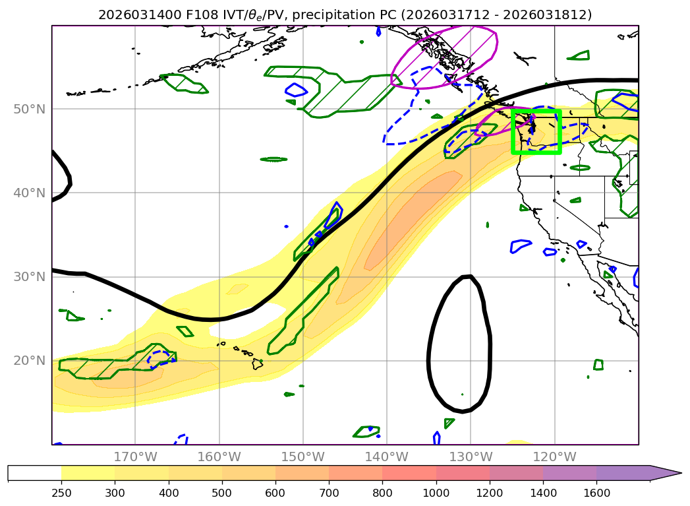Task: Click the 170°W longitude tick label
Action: pos(136,457)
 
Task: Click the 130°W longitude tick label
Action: pos(471,457)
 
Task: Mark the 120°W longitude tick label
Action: pos(554,457)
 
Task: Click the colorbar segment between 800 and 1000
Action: pos(409,473)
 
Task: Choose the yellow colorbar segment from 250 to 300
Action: pos(88,473)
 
